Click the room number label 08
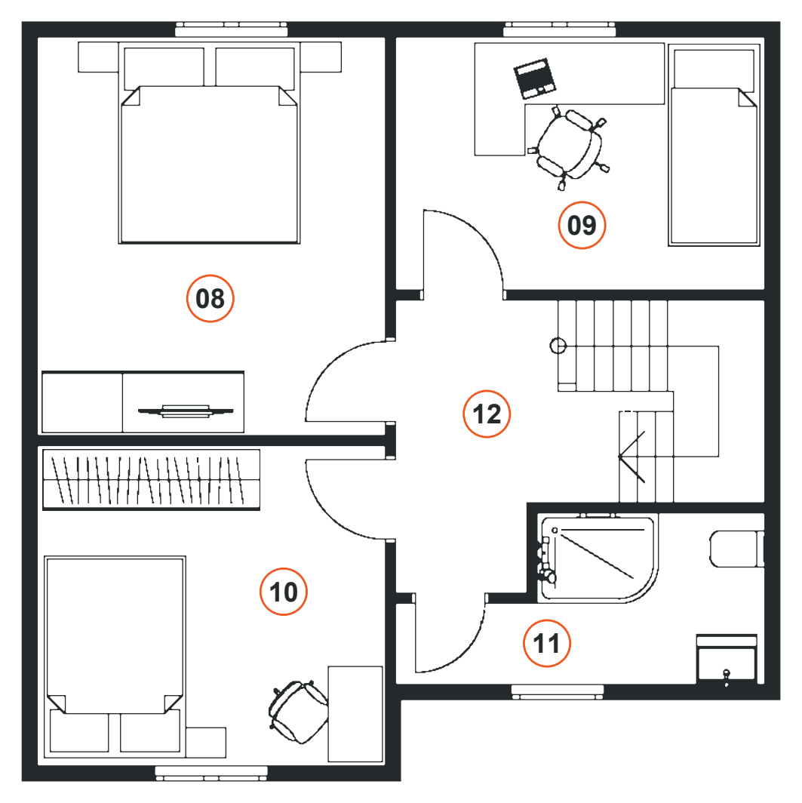(x=210, y=299)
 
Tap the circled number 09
(x=582, y=226)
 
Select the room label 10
(x=283, y=592)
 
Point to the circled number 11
(x=546, y=643)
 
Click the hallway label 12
(x=486, y=414)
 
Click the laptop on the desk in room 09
(x=535, y=78)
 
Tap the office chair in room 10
(x=298, y=712)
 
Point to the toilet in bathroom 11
(x=736, y=549)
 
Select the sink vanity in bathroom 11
(x=727, y=659)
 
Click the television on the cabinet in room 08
(x=186, y=411)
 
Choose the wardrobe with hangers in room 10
(x=151, y=480)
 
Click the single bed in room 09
(x=714, y=145)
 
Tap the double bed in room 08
(x=209, y=143)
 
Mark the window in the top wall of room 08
(x=232, y=29)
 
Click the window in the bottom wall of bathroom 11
(x=558, y=691)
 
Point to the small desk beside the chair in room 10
(x=355, y=714)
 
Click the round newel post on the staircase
(x=558, y=346)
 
